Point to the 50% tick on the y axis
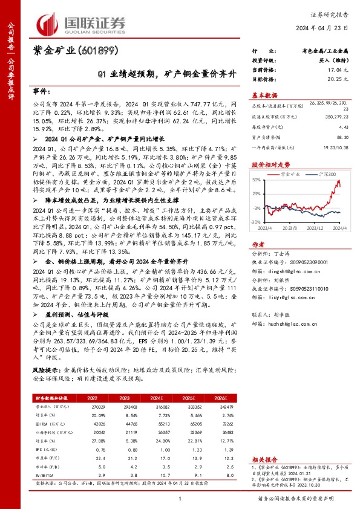tap(257, 180)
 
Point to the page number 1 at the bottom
tap(180, 500)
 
